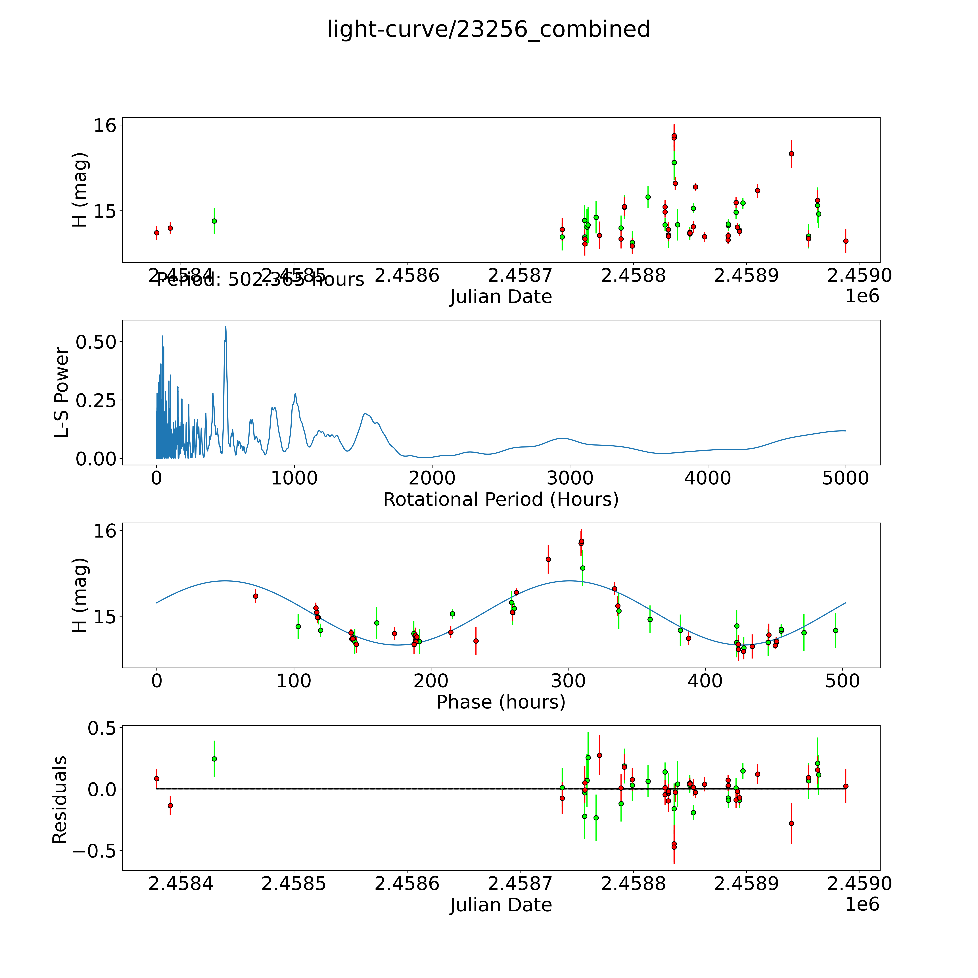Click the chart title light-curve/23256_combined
(488, 29)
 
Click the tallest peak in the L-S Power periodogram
(226, 327)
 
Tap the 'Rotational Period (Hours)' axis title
(501, 500)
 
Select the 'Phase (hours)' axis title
(501, 702)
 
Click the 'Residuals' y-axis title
(60, 800)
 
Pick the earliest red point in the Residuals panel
(156, 779)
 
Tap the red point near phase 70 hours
(256, 596)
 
